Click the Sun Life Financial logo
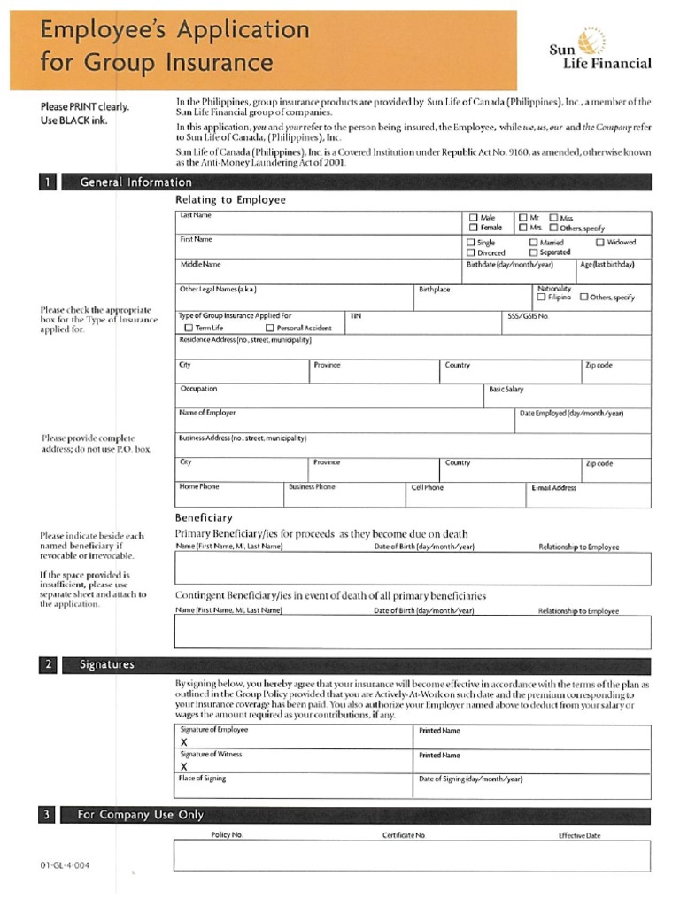(612, 50)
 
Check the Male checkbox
(473, 217)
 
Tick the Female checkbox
(473, 228)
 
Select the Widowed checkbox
(600, 242)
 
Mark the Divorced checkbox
(471, 252)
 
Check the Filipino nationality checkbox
(541, 298)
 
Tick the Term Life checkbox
(187, 328)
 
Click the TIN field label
(356, 315)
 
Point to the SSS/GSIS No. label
(528, 315)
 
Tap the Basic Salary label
(506, 389)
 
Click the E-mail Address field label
(553, 487)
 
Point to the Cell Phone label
(428, 487)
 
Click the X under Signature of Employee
(184, 741)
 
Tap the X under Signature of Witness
(184, 766)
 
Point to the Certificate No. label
(404, 835)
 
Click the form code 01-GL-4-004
(60, 864)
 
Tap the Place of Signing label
(203, 779)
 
